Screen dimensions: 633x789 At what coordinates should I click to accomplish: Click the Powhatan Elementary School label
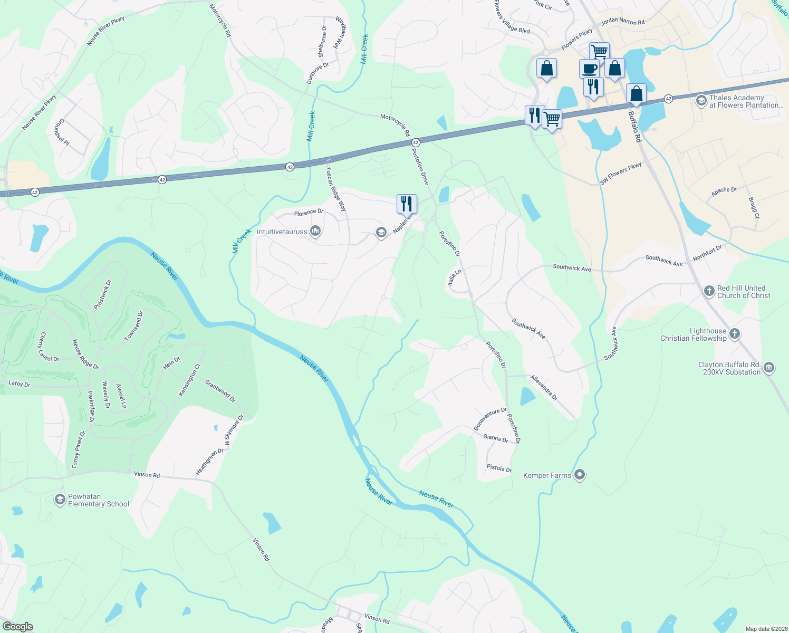coord(98,500)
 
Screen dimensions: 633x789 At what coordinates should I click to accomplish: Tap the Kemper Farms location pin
coord(580,475)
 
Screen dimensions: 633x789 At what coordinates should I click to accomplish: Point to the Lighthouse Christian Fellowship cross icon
coord(735,334)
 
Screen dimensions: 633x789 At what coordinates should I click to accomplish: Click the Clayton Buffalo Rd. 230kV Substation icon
coord(768,367)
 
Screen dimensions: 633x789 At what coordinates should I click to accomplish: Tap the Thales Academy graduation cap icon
coord(701,101)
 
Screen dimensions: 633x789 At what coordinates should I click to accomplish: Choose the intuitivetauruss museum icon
coord(315,231)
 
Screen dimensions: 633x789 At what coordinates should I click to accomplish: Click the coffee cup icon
coord(589,69)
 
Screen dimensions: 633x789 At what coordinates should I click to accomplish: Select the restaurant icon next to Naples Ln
coord(407,203)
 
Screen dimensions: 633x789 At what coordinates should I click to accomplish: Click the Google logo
coord(17,627)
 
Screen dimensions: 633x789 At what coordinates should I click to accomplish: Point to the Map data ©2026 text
coord(764,629)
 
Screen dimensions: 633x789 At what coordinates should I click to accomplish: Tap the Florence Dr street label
coord(309,213)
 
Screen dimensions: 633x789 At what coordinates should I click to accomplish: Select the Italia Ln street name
coord(454,277)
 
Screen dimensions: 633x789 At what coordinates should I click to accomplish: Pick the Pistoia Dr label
coord(499,468)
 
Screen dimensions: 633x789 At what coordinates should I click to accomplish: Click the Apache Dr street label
coord(724,191)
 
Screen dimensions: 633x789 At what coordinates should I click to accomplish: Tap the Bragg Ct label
coord(754,208)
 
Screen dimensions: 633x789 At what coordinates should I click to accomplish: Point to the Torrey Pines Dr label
coord(78,449)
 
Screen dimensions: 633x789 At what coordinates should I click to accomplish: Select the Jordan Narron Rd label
coord(622,22)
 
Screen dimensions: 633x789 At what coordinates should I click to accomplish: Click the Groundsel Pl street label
coord(61,132)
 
